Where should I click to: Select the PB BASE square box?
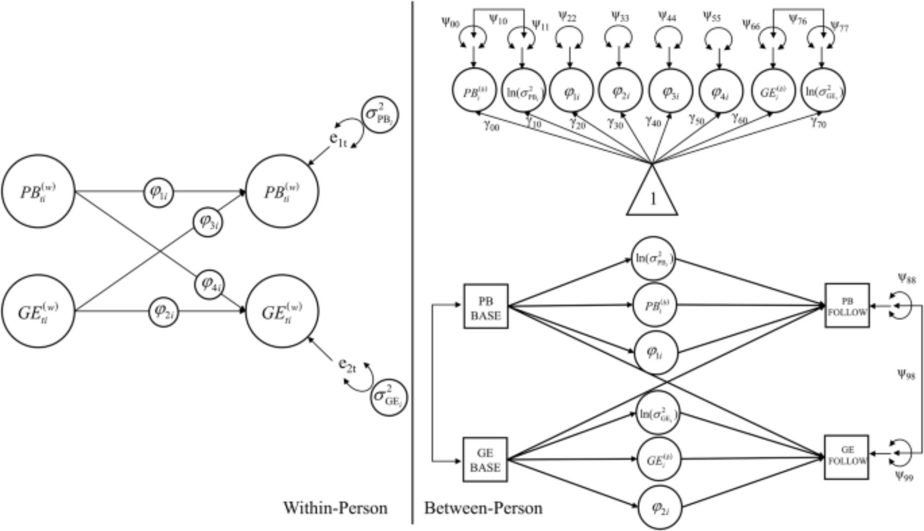[x=486, y=307]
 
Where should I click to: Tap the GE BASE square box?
[x=485, y=460]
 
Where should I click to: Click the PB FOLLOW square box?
[x=847, y=306]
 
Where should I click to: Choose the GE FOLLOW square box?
[x=847, y=456]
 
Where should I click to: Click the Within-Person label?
[x=335, y=508]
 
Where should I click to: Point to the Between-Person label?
[x=483, y=508]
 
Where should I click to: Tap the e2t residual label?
[x=347, y=364]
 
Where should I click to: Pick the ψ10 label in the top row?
[x=498, y=20]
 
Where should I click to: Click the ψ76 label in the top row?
[x=798, y=20]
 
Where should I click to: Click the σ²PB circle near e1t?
[x=380, y=115]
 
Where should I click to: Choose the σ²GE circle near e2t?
[x=389, y=398]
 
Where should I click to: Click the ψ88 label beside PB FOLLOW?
[x=906, y=278]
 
